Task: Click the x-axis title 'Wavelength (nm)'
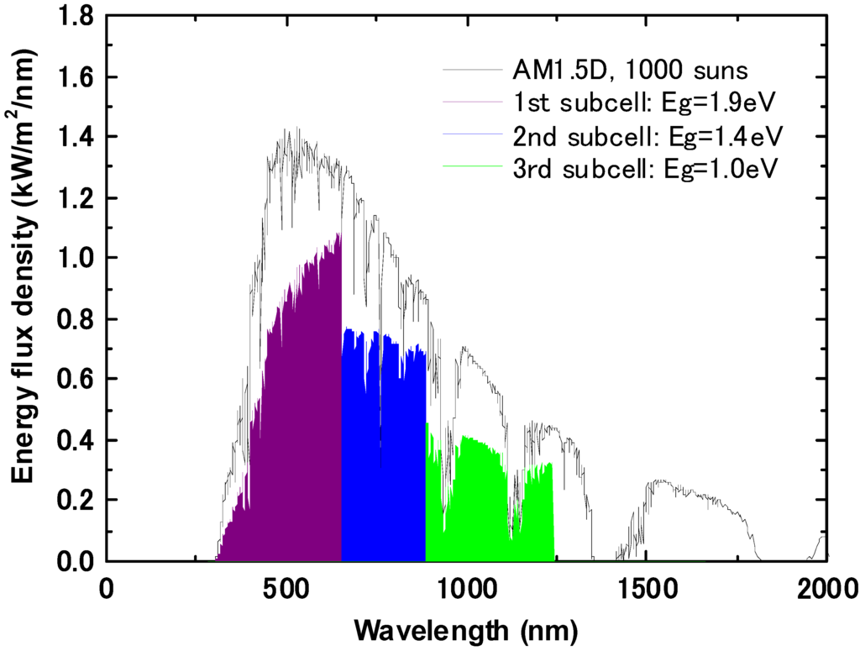pos(466,627)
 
